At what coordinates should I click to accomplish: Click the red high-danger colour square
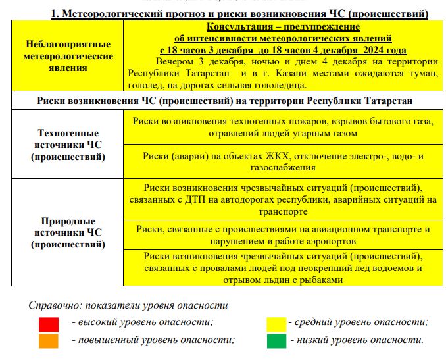coord(49,324)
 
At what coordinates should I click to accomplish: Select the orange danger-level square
coord(49,340)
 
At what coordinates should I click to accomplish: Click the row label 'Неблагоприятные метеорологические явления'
coord(68,57)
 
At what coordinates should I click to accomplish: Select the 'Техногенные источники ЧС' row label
coord(68,145)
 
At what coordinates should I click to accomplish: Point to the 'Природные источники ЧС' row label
coord(68,233)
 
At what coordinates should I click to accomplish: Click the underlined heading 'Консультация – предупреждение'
coord(283,27)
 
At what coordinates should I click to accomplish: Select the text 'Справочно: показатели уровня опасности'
coord(128,305)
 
